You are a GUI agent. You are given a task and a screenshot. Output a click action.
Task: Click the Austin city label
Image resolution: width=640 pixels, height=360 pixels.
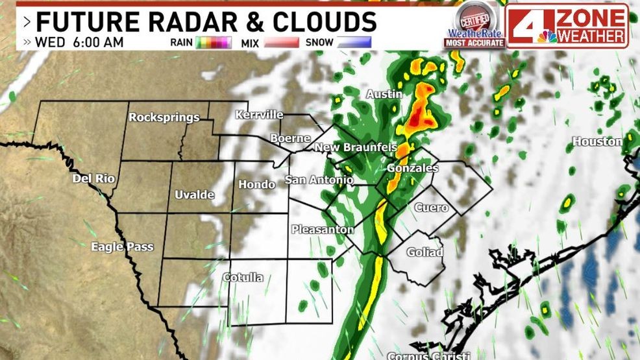pos(384,94)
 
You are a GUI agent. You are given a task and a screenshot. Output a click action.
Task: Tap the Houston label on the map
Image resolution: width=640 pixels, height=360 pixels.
pos(597,141)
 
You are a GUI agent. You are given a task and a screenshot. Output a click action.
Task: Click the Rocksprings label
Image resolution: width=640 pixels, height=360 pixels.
pos(164,117)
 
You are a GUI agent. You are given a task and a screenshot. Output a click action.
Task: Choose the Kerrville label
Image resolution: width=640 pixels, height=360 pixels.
pos(259,115)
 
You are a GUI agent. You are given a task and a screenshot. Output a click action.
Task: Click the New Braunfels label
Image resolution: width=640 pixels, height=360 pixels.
pos(355,148)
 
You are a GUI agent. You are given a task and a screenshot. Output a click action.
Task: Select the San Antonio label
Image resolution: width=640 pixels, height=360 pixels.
pos(319,179)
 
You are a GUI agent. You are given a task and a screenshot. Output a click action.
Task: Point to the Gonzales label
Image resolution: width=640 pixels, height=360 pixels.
pos(412,168)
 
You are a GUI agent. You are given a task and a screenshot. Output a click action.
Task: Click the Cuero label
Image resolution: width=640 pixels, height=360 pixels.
pos(431,208)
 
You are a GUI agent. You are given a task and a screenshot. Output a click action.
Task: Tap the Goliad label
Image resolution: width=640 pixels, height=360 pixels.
pos(425,252)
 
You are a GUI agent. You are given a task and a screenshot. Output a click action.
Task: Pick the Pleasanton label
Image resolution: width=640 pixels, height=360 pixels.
pos(323,229)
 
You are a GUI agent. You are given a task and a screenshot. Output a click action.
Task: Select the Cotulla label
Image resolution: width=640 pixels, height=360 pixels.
pos(243,278)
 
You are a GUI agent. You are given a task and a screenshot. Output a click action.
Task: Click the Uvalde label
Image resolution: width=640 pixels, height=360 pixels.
pos(195,195)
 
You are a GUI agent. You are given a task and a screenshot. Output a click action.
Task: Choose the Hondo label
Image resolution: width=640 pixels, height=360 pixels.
pos(257,185)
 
